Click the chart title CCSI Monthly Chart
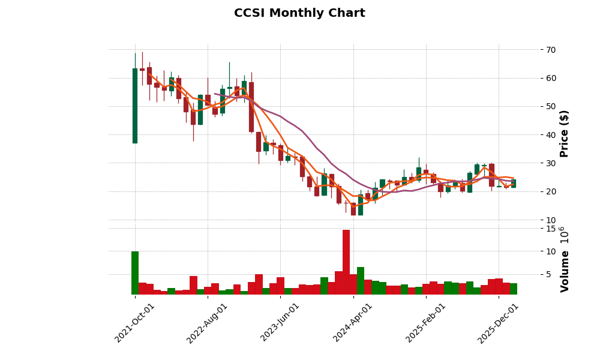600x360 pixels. coord(299,13)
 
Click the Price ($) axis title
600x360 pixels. coord(564,133)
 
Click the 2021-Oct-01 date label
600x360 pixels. coord(135,323)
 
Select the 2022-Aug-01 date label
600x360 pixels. coord(208,323)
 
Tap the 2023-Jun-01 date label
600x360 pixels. coord(280,323)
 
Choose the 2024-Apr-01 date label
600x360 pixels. coord(353,323)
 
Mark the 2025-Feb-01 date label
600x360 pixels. coord(426,323)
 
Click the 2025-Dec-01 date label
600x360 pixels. coord(499,323)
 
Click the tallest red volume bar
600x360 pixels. coord(346,262)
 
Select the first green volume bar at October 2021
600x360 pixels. coord(135,273)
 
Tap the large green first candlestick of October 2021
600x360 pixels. coord(135,106)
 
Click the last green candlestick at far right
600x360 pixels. coord(514,184)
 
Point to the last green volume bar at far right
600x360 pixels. coord(514,289)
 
